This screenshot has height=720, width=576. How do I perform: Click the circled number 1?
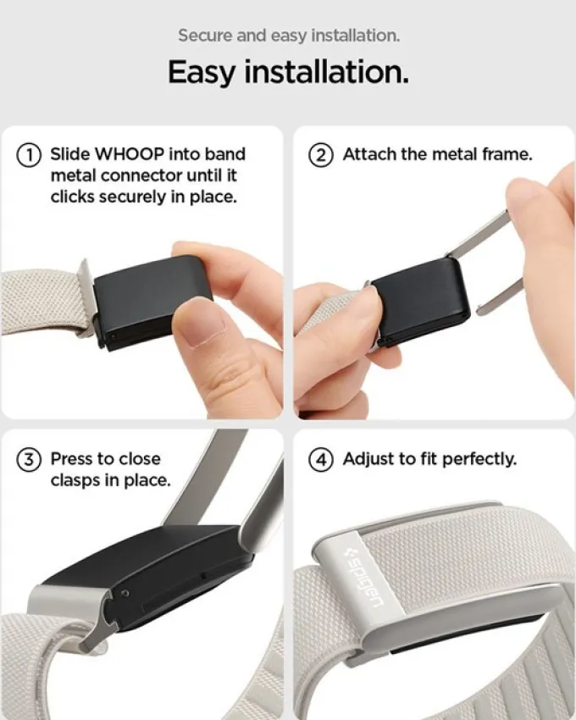(29, 155)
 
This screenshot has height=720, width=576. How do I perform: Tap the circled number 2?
(321, 155)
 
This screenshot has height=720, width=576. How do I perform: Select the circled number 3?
(29, 460)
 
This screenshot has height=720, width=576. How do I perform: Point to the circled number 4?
(321, 460)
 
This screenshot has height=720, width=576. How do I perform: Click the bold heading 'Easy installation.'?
(288, 72)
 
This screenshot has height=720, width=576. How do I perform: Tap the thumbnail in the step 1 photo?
(202, 328)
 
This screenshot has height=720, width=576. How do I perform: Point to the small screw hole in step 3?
(125, 594)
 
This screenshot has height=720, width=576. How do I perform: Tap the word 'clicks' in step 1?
(73, 197)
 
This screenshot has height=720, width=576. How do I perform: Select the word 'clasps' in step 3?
(75, 481)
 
